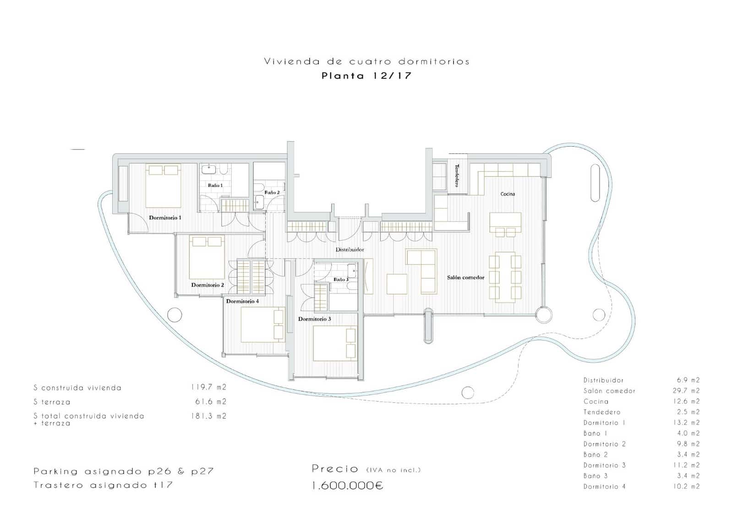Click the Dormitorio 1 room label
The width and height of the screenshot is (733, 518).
[165, 218]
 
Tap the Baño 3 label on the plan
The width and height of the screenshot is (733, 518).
[340, 279]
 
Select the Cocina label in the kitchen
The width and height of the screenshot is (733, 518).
[507, 194]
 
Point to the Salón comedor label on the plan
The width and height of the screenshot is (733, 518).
[465, 277]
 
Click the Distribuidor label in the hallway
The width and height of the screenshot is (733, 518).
[350, 249]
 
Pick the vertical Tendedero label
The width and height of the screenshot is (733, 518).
[457, 175]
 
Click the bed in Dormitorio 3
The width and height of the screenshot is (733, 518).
[334, 343]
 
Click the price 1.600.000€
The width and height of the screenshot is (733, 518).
[347, 485]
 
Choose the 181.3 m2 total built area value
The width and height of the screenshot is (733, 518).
[208, 416]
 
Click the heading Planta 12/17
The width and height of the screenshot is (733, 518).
[366, 76]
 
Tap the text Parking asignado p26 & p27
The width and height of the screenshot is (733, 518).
[123, 471]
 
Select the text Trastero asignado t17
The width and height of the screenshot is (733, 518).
[103, 485]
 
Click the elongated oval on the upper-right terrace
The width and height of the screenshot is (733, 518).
[595, 183]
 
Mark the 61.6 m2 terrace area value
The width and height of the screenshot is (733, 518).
[210, 402]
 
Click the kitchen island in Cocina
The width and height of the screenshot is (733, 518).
[505, 223]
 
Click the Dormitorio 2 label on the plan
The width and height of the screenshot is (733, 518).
[208, 285]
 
